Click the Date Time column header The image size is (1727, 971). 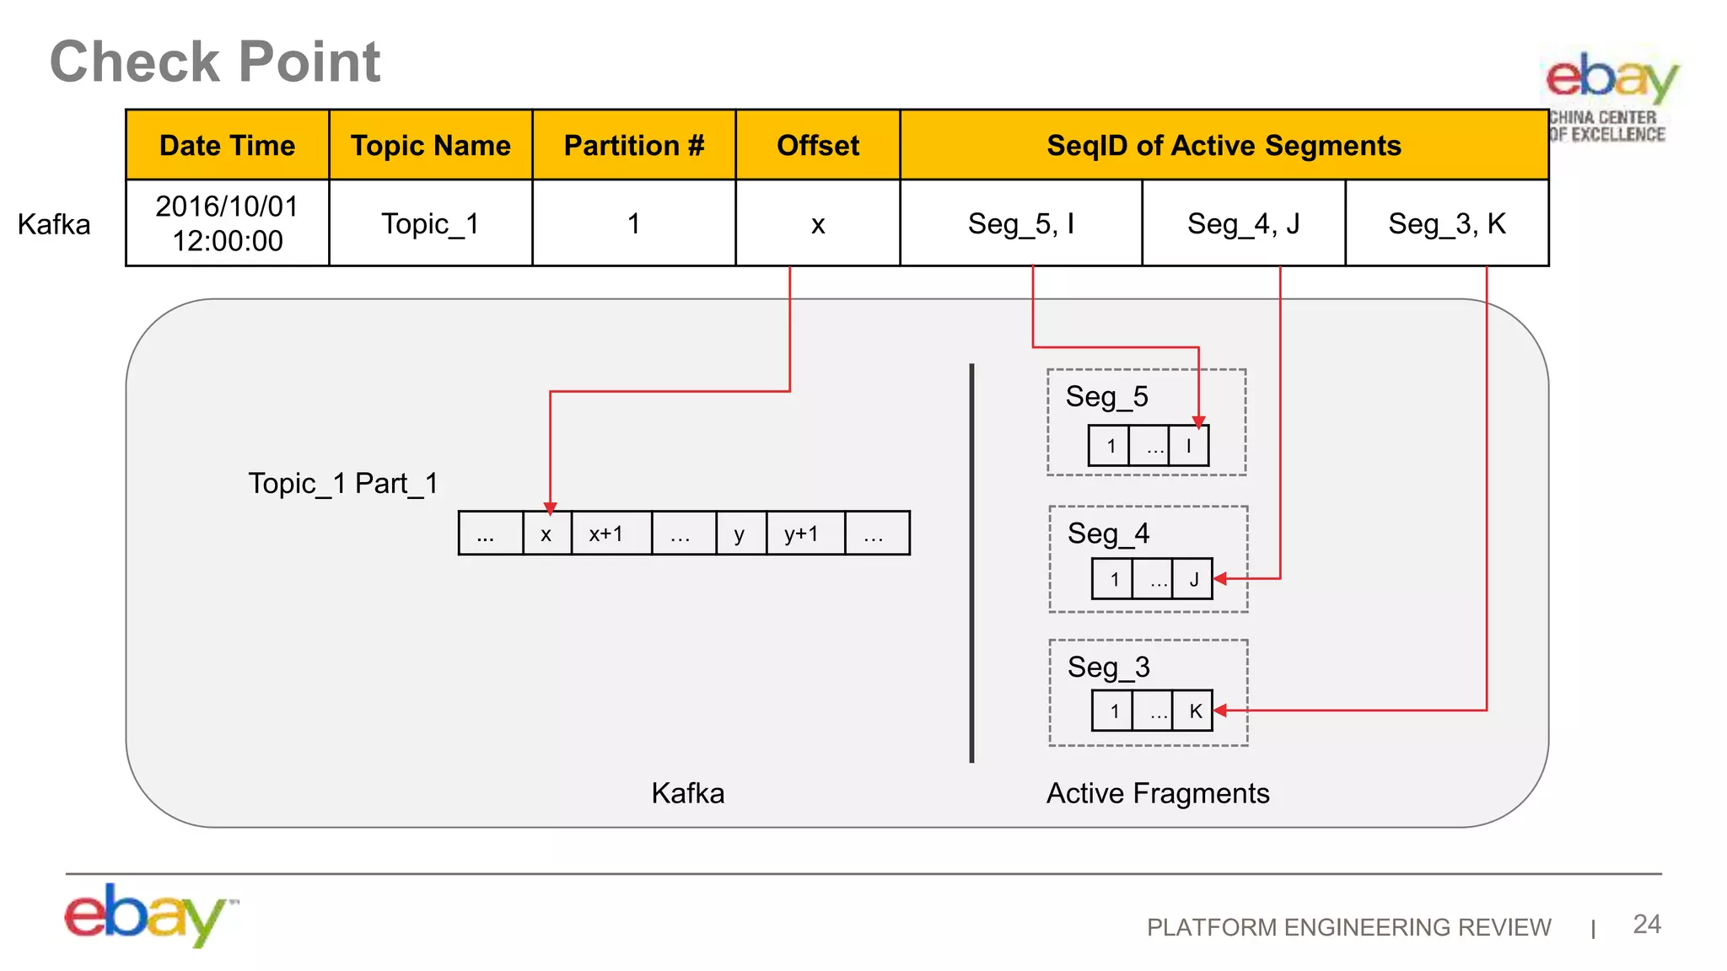227,145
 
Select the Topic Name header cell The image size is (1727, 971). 430,145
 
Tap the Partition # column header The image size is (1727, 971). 633,145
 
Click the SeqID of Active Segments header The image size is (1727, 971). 1224,145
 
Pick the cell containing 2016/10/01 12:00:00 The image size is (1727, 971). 227,223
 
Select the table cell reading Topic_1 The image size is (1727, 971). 430,223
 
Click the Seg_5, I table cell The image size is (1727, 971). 1020,223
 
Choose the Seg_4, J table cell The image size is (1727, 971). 1243,223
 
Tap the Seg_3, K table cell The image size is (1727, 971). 1447,223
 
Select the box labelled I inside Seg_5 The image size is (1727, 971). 1189,446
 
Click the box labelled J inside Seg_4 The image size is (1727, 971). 1193,580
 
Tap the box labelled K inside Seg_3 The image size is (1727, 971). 1194,711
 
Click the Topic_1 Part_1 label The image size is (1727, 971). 342,484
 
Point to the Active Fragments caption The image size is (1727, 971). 1157,793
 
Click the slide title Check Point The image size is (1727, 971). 215,62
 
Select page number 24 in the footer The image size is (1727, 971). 1646,925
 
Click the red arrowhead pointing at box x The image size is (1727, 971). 550,508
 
